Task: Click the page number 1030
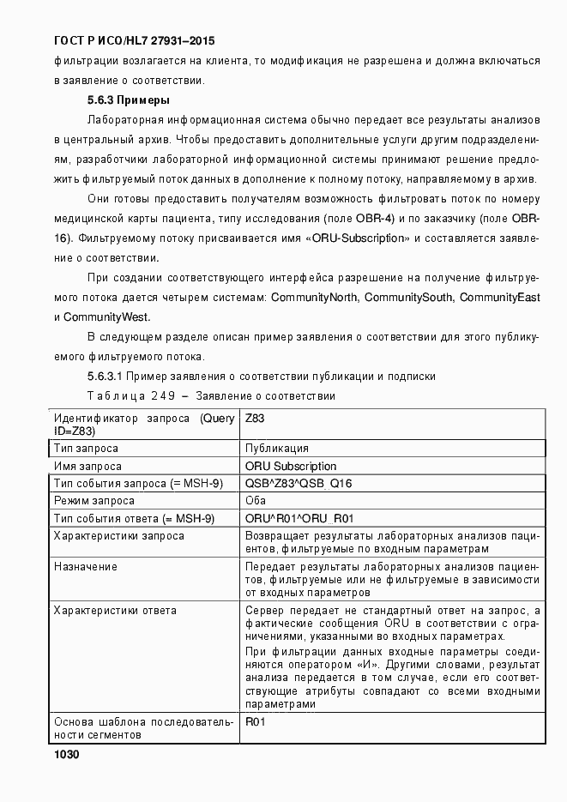pyautogui.click(x=66, y=754)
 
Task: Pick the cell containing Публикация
pyautogui.click(x=276, y=448)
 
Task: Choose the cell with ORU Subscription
pyautogui.click(x=290, y=466)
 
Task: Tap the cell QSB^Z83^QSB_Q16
pyautogui.click(x=298, y=483)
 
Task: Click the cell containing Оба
pyautogui.click(x=255, y=500)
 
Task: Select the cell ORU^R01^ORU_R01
pyautogui.click(x=299, y=518)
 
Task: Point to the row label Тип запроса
pyautogui.click(x=86, y=448)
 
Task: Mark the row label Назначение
pyautogui.click(x=86, y=567)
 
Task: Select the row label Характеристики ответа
pyautogui.click(x=115, y=610)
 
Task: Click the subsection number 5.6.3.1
pyautogui.click(x=107, y=376)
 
